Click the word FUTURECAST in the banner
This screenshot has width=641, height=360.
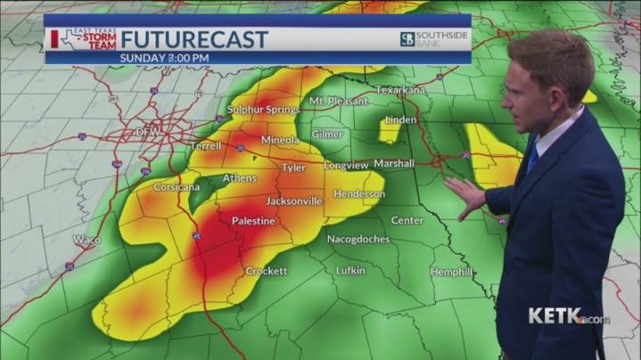pos(194,39)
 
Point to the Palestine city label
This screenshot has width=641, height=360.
pos(253,220)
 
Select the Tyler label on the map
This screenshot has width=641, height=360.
pos(292,167)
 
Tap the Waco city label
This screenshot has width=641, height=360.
pos(86,240)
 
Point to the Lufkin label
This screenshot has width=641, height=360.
pos(350,270)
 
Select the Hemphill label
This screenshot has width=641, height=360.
pos(451,271)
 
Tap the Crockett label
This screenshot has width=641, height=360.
pos(267,271)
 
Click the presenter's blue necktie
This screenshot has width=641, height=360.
pos(532,159)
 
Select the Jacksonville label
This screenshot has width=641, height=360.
pos(293,201)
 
